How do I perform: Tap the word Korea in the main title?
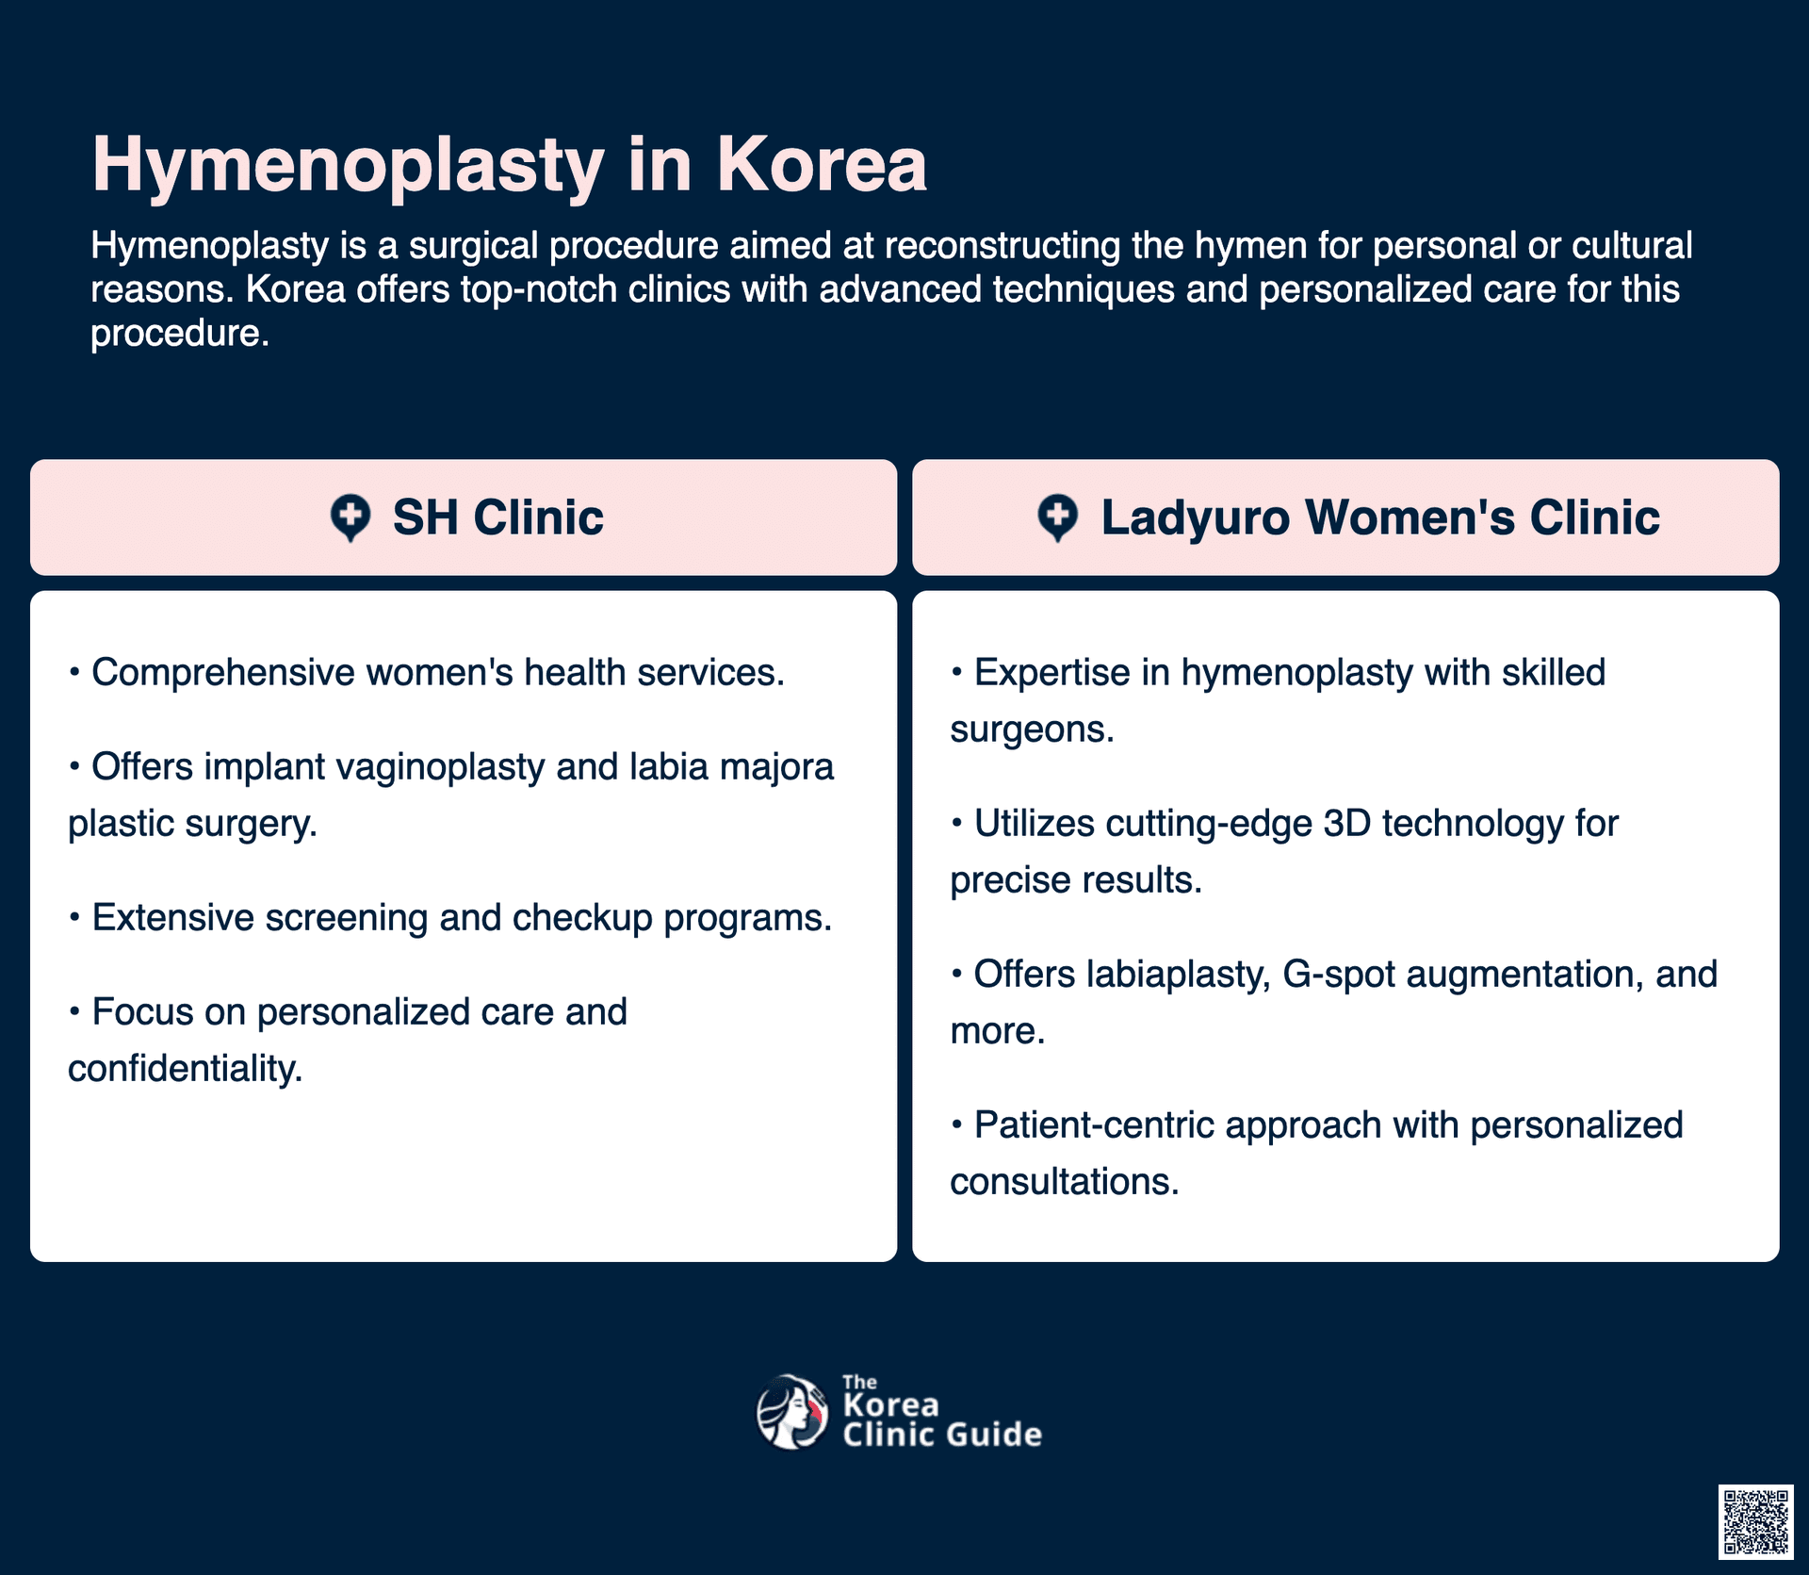[822, 164]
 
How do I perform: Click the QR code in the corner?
[1755, 1521]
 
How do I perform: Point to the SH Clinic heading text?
[497, 517]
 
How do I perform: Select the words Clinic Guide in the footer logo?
[942, 1434]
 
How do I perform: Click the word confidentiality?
[186, 1069]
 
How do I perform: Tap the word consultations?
[1065, 1182]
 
